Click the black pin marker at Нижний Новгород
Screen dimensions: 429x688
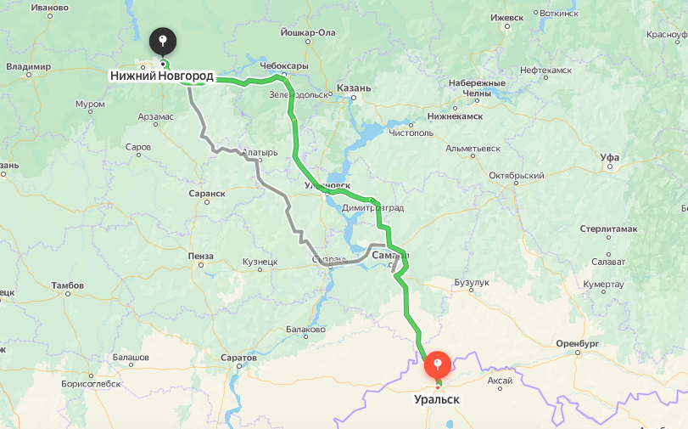tap(162, 42)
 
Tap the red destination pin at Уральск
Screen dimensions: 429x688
tap(437, 366)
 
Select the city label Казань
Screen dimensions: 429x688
tap(353, 87)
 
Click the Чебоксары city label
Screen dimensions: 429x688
tap(283, 65)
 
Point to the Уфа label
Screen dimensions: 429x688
tap(609, 157)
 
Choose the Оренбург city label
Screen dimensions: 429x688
tap(578, 342)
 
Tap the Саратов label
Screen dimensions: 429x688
tap(238, 358)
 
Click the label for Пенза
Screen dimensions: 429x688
tap(201, 256)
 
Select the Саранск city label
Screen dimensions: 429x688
tap(207, 193)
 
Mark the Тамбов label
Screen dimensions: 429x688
tap(68, 285)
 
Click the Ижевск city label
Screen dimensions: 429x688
tap(507, 17)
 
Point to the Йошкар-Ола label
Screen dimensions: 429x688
tap(307, 32)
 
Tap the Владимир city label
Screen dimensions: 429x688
tap(28, 66)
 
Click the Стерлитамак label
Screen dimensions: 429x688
tap(608, 229)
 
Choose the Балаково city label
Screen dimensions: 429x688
tap(305, 329)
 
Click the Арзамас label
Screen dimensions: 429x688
tap(155, 116)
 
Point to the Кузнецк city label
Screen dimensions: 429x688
tap(260, 262)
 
